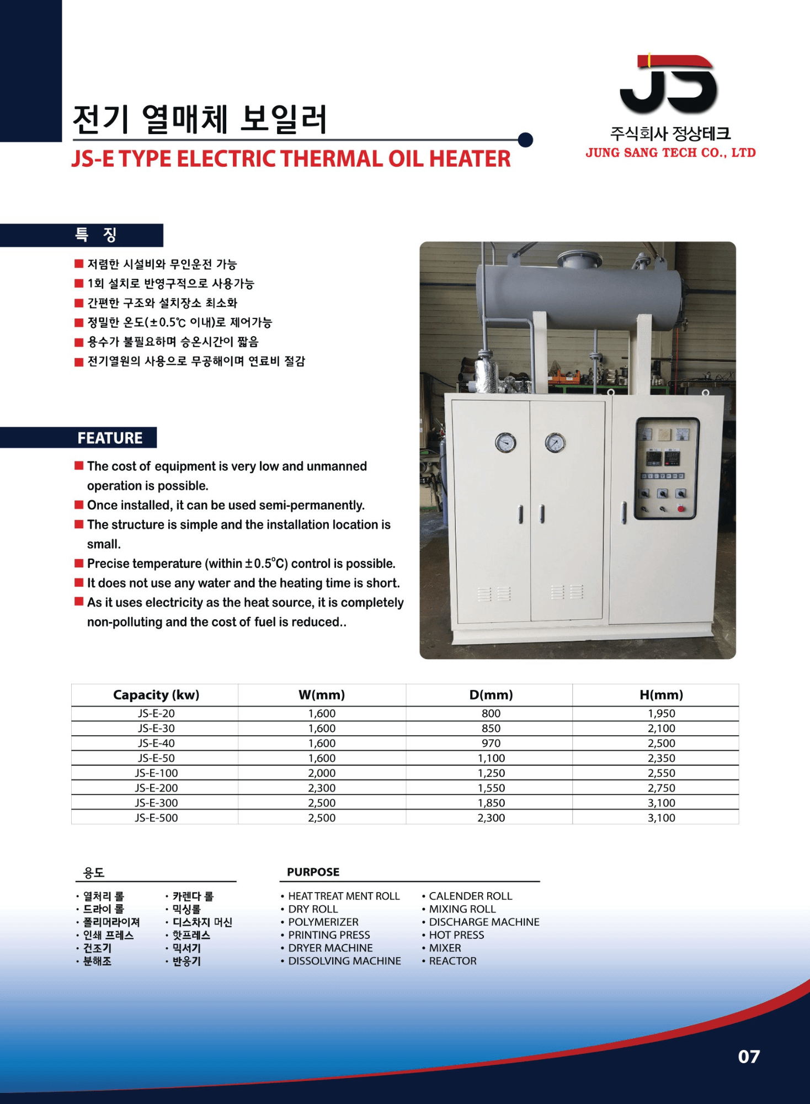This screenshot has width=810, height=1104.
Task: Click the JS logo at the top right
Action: click(669, 84)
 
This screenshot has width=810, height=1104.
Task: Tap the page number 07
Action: click(749, 1057)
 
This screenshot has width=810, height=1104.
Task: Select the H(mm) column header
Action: click(661, 695)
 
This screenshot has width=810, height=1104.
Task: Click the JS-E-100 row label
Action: click(156, 773)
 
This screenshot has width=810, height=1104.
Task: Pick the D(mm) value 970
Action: click(491, 743)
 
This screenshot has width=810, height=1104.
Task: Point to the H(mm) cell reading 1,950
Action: click(661, 713)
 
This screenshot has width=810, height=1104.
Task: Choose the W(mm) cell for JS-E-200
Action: click(322, 788)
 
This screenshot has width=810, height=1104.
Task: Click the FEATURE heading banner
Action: click(110, 438)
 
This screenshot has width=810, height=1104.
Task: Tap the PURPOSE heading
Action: click(313, 872)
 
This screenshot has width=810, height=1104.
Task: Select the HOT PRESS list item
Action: click(456, 935)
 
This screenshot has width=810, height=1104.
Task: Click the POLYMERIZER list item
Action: click(323, 922)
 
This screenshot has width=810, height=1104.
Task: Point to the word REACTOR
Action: click(452, 961)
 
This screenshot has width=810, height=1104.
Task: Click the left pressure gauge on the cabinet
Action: click(505, 443)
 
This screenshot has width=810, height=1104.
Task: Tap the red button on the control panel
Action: click(681, 508)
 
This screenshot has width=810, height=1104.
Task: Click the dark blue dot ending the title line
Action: click(526, 140)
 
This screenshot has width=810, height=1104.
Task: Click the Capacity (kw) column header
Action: click(156, 695)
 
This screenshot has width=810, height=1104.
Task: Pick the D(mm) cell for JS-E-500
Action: click(491, 818)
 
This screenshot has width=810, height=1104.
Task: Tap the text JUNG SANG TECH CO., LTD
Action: click(670, 153)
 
